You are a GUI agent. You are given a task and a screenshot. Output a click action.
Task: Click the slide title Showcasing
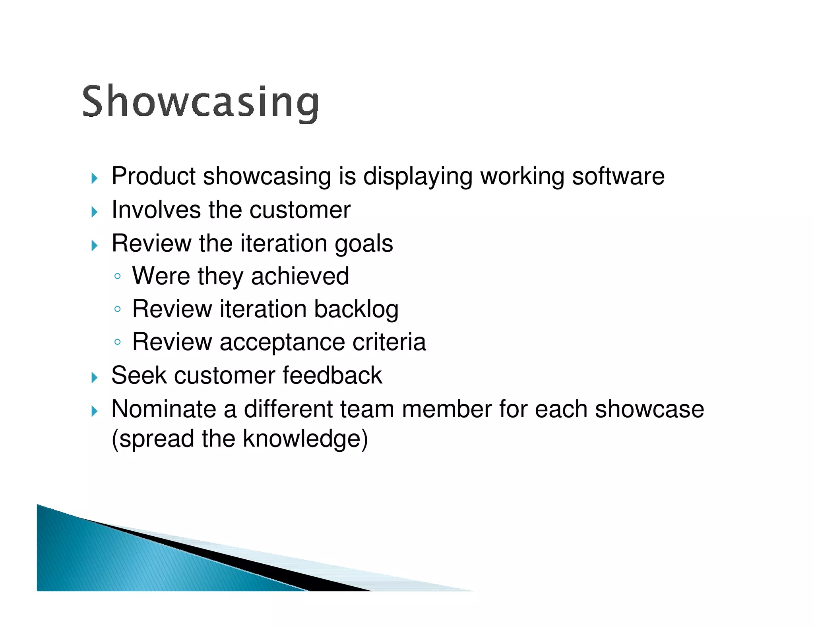point(200,102)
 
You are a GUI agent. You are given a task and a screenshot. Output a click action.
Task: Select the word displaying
point(417,177)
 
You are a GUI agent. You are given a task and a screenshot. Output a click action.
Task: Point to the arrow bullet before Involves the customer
point(94,212)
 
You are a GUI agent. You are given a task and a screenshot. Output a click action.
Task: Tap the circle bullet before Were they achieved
point(117,276)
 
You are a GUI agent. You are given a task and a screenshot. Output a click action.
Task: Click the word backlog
point(356,309)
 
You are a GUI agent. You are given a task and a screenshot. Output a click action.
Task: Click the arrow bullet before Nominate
point(94,411)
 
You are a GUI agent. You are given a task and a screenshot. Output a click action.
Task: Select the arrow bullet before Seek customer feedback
point(94,377)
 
